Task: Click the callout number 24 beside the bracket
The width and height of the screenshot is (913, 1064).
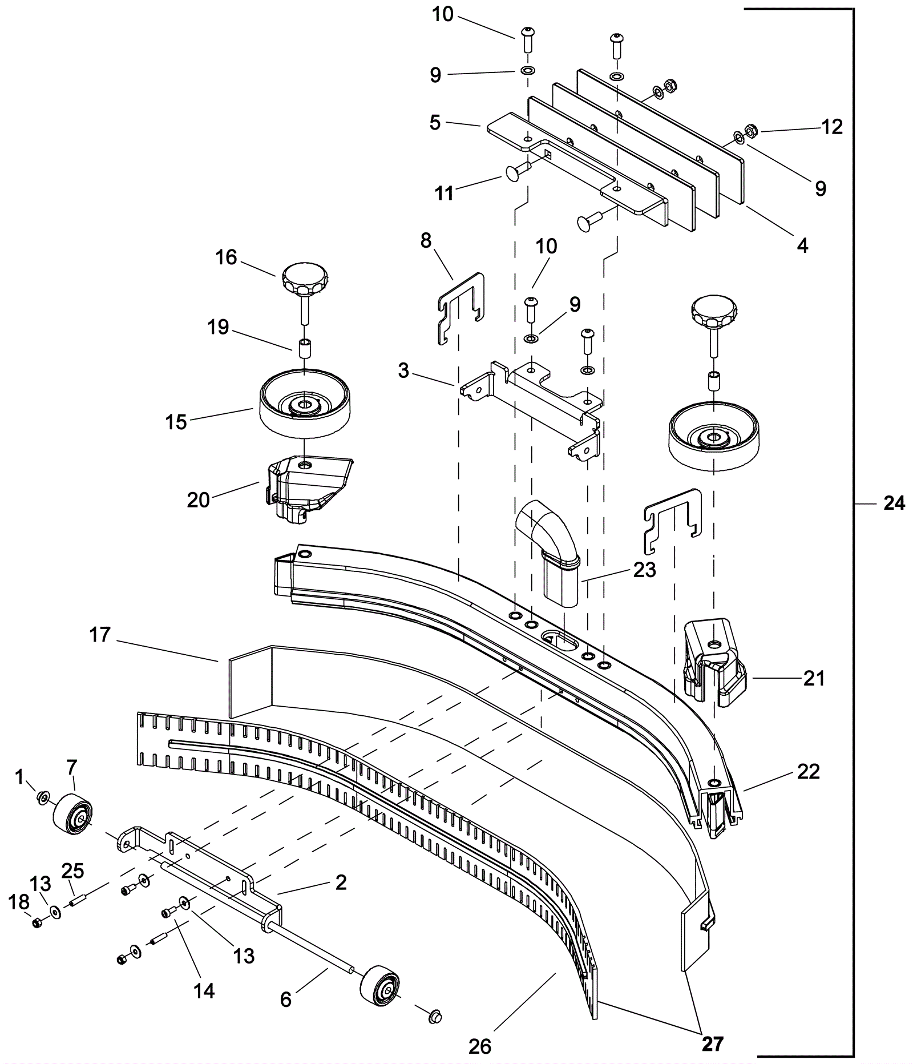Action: point(894,503)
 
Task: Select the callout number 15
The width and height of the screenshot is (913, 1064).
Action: point(176,422)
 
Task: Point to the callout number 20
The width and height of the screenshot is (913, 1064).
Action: point(199,500)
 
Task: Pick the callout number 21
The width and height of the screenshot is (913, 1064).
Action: point(814,678)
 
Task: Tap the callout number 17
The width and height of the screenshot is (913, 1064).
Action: point(100,635)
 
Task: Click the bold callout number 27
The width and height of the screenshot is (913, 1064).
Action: point(713,1044)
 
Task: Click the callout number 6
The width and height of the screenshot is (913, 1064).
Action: point(286,999)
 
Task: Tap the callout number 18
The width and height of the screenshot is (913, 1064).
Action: point(19,902)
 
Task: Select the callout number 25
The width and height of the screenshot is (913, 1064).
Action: point(72,870)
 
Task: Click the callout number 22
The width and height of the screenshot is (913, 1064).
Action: point(808,771)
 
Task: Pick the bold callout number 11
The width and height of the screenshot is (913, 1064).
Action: point(445,193)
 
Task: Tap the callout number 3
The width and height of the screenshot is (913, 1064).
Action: point(404,371)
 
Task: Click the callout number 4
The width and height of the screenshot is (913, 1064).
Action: point(802,246)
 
